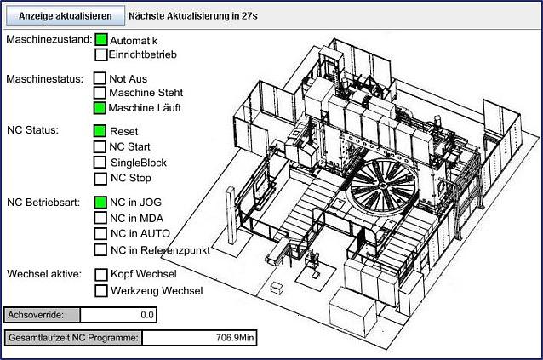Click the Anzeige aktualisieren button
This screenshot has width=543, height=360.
pyautogui.click(x=65, y=15)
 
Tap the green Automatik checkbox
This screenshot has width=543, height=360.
pyautogui.click(x=101, y=39)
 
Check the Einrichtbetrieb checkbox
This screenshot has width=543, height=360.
pyautogui.click(x=101, y=54)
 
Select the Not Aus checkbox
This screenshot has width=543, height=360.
pyautogui.click(x=100, y=78)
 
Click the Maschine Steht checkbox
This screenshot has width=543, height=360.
pyautogui.click(x=100, y=93)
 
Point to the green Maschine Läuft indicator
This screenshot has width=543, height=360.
pyautogui.click(x=100, y=108)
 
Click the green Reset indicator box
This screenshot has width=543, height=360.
pyautogui.click(x=100, y=131)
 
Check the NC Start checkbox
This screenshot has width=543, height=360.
pyautogui.click(x=100, y=146)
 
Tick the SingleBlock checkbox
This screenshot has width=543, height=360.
pyautogui.click(x=100, y=162)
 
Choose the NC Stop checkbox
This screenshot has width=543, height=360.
pyautogui.click(x=100, y=178)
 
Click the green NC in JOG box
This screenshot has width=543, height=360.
pyautogui.click(x=100, y=203)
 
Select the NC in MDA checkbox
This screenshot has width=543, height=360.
pyautogui.click(x=100, y=218)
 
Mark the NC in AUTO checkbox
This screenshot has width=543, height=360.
pyautogui.click(x=100, y=233)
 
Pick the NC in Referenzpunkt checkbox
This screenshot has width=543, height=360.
pyautogui.click(x=100, y=249)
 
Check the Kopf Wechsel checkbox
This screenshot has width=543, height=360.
pyautogui.click(x=101, y=274)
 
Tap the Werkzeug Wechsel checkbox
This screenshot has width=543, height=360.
pyautogui.click(x=101, y=290)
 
